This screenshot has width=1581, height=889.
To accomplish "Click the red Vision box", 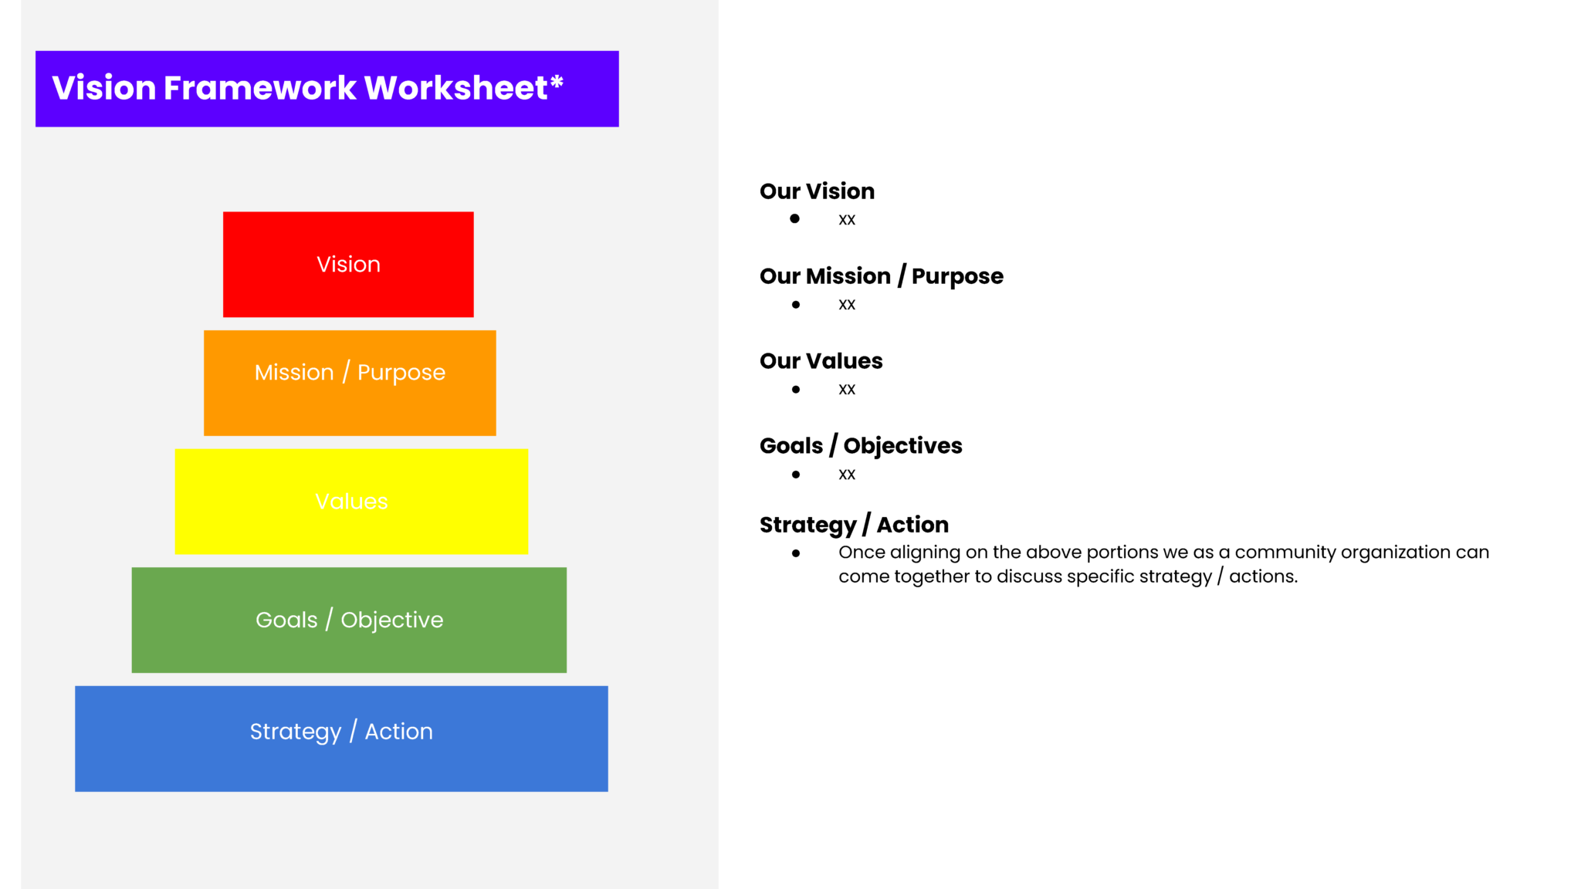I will (x=348, y=264).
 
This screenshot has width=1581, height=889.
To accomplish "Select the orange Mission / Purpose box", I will (x=350, y=383).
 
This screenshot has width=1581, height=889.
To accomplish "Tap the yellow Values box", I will (x=351, y=502).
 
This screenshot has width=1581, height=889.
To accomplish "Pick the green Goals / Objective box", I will (x=349, y=620).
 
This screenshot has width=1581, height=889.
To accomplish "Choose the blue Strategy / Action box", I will (x=341, y=739).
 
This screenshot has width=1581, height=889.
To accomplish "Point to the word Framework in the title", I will (x=260, y=88).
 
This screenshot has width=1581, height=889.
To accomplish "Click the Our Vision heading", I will (x=817, y=191).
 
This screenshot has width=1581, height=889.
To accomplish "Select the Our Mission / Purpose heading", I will (x=881, y=276).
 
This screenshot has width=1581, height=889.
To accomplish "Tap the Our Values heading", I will (x=821, y=361).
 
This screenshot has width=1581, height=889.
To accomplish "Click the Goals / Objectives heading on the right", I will (x=861, y=446).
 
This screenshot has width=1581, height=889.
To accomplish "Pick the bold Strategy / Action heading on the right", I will (x=854, y=525).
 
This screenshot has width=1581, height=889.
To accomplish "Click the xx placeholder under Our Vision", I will (x=847, y=220).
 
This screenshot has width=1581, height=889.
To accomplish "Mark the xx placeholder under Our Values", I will (x=847, y=390).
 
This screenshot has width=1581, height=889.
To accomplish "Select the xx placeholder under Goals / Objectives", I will (x=847, y=475).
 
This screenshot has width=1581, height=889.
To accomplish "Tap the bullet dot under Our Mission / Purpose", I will (x=796, y=305).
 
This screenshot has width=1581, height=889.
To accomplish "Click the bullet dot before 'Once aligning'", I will (x=796, y=553).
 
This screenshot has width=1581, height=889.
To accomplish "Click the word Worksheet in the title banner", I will (x=455, y=88).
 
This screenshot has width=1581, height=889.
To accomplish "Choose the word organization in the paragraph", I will (x=1396, y=553).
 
